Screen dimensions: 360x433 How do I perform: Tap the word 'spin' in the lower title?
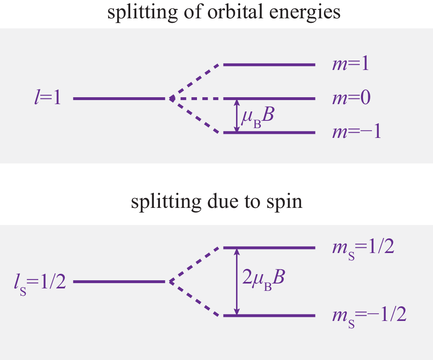tap(285, 202)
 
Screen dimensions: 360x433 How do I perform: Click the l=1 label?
tap(47, 98)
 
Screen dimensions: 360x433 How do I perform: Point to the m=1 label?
tap(350, 64)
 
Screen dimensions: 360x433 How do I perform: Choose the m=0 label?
tap(351, 98)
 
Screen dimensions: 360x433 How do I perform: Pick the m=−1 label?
tap(356, 133)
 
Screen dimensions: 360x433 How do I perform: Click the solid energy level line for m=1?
tap(269, 65)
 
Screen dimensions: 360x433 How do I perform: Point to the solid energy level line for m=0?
tap(269, 99)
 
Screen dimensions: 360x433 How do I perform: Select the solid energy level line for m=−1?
tap(269, 133)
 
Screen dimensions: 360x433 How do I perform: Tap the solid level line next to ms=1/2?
tap(269, 248)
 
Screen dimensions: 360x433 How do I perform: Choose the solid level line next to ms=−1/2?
tap(269, 316)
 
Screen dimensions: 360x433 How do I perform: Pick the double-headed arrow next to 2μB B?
tap(237, 281)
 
